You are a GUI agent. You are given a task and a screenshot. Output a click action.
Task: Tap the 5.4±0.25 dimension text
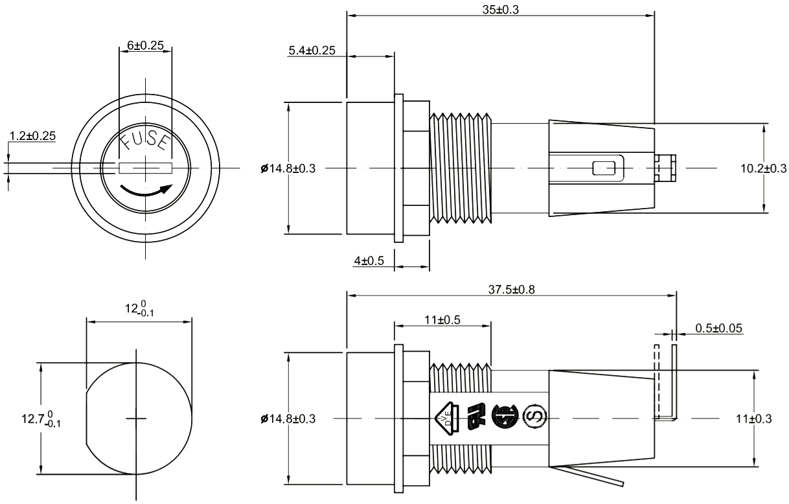[x=312, y=51]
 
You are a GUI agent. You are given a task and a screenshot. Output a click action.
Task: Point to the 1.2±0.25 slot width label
[x=32, y=135]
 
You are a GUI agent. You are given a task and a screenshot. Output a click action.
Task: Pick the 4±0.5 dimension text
[x=369, y=260]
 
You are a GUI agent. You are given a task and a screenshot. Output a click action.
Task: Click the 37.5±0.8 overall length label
[x=512, y=290]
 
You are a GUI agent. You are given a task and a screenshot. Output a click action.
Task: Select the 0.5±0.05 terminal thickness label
[x=719, y=328]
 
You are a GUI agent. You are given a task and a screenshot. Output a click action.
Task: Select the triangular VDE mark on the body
[x=448, y=416]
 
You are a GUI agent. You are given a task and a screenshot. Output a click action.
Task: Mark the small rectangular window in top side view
[x=604, y=168]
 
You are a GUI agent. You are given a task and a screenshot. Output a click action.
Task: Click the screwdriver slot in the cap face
[x=145, y=168]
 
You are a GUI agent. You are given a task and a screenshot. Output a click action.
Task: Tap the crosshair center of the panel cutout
[x=136, y=418]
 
